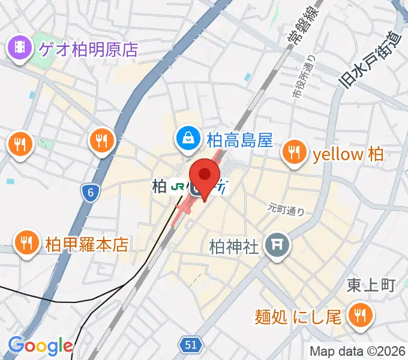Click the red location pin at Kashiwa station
[205, 175]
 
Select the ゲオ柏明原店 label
[89, 49]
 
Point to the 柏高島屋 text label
[239, 140]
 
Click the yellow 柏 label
[348, 154]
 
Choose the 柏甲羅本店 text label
[87, 244]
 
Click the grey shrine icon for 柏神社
[277, 244]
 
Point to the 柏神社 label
[233, 246]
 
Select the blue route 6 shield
[90, 193]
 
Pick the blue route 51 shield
[190, 344]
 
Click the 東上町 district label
[371, 285]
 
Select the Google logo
[40, 346]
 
